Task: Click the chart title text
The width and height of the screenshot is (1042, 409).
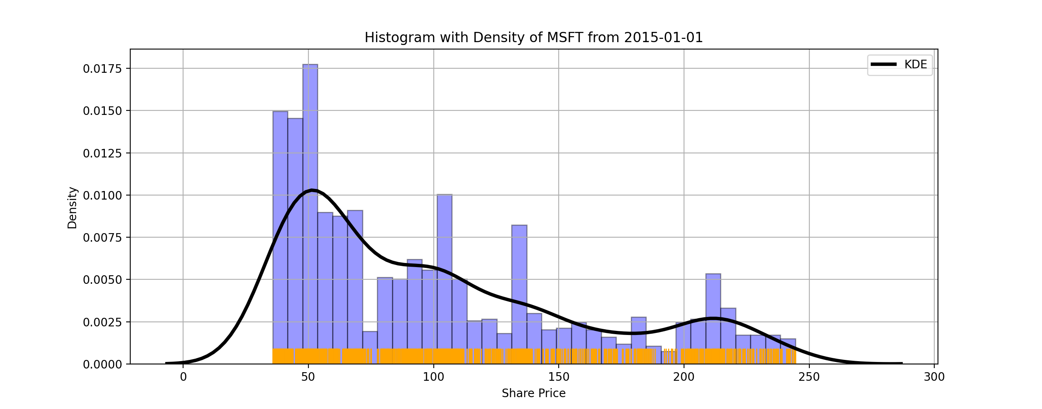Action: point(534,38)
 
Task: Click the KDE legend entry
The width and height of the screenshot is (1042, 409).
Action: point(899,65)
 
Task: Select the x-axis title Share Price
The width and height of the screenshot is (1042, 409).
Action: point(534,393)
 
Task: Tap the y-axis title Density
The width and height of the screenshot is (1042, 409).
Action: point(72,207)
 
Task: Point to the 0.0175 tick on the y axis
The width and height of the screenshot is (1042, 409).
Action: point(102,69)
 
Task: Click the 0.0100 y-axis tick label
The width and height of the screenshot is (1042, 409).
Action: point(102,196)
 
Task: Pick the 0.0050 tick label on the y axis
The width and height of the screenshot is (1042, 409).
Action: point(102,280)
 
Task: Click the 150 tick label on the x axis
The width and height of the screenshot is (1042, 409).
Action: point(559,377)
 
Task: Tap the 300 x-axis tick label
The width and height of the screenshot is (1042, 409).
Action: point(934,377)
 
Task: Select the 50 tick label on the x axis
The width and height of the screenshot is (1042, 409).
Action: point(308,377)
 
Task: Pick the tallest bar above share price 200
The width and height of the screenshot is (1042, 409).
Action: point(713,319)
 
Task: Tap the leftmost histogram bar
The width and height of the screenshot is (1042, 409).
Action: point(280,238)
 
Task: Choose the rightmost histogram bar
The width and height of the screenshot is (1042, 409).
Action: point(788,351)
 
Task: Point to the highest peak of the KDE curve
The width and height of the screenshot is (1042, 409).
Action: point(312,190)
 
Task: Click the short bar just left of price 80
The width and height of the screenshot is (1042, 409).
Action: point(370,348)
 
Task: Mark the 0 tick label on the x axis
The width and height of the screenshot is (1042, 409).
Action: point(183,377)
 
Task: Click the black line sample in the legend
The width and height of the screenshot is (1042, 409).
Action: point(884,65)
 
